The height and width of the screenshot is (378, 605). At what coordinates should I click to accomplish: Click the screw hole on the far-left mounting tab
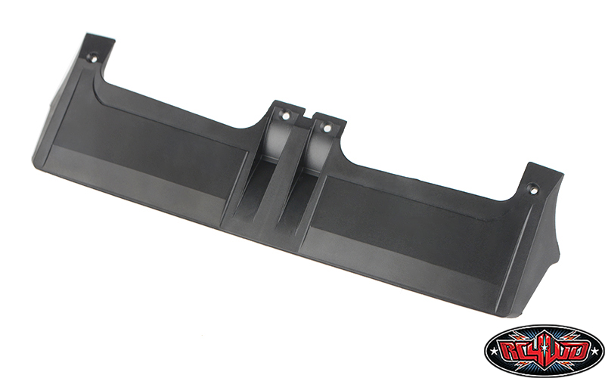tap(93, 58)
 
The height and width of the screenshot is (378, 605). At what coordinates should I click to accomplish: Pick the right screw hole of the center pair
tap(327, 127)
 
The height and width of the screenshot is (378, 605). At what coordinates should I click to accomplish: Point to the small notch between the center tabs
tap(307, 116)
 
